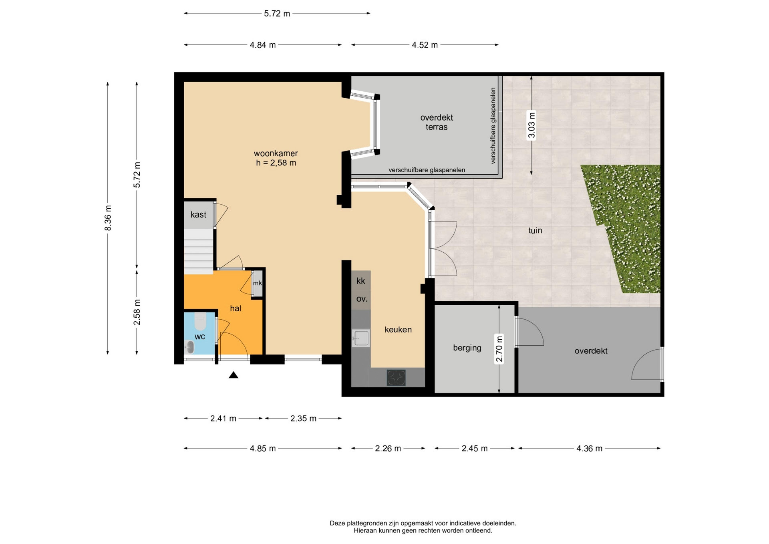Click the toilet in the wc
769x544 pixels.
(x=200, y=320)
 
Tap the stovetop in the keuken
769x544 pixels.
(x=396, y=378)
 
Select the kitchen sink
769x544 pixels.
(x=361, y=338)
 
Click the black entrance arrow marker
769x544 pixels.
(x=234, y=375)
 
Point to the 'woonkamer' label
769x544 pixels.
(x=276, y=153)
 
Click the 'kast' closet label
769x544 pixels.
(x=198, y=215)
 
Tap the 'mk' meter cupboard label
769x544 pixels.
(x=258, y=283)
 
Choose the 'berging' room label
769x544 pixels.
(x=467, y=348)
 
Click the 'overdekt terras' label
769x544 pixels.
(x=437, y=122)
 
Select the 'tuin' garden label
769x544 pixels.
(x=535, y=230)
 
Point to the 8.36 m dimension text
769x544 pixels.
(x=108, y=218)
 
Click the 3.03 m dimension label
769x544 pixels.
(x=531, y=125)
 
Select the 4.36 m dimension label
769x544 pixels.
(x=589, y=449)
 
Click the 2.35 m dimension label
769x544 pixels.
(x=303, y=419)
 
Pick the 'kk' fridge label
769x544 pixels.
(x=361, y=281)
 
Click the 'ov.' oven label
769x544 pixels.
(x=362, y=299)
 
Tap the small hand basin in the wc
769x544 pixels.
(x=189, y=347)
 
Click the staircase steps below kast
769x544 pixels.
(x=198, y=252)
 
